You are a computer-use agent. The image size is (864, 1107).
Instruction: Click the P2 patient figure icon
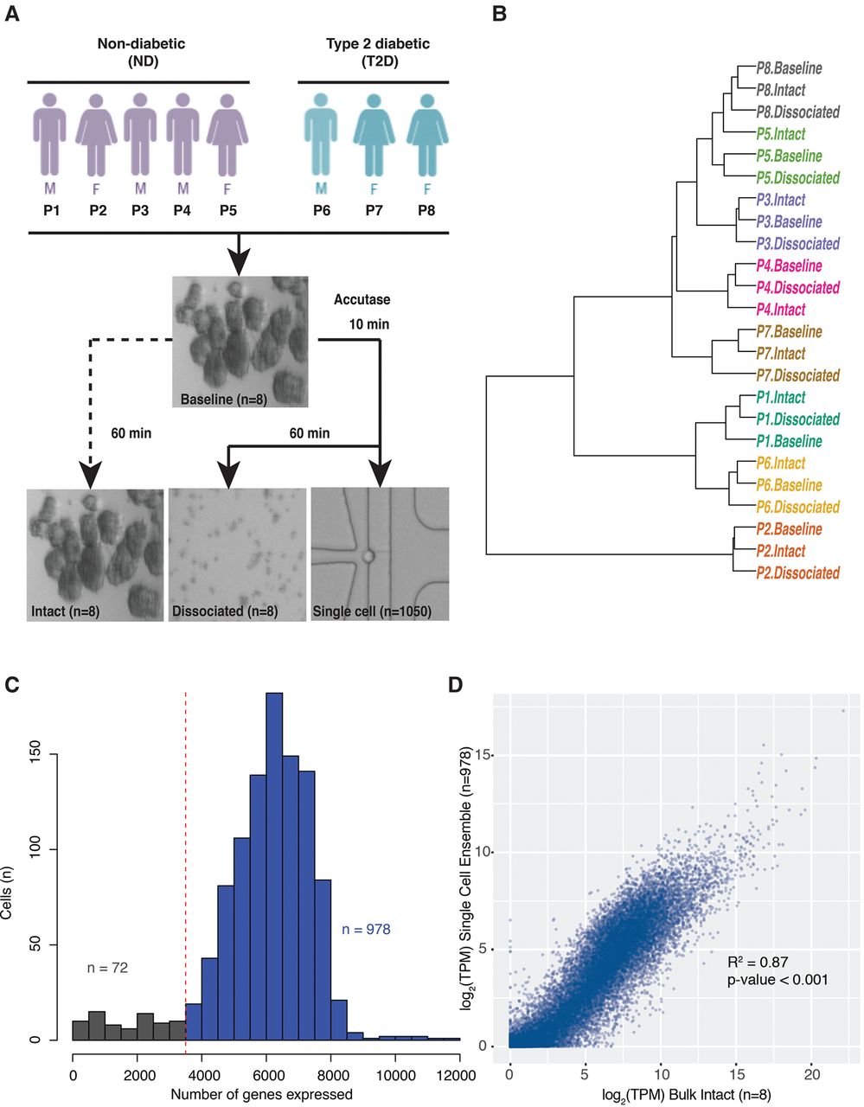click(96, 135)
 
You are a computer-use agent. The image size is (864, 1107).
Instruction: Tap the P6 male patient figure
click(321, 135)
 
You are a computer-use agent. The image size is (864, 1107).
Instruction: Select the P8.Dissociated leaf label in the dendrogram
click(797, 112)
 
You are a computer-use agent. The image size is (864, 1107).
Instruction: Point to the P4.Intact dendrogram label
click(780, 310)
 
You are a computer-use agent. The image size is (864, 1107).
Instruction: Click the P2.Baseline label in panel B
click(789, 528)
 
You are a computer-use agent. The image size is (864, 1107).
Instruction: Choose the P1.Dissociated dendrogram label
click(797, 419)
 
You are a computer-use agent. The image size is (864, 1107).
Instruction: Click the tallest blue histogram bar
click(274, 867)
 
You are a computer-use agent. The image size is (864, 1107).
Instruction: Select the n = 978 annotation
click(366, 929)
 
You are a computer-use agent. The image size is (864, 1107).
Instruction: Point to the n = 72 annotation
click(107, 968)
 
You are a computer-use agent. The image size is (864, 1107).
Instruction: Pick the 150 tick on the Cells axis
click(35, 754)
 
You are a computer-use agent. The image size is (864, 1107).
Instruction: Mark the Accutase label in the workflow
click(362, 299)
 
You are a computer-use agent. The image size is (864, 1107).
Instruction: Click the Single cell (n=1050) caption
click(372, 611)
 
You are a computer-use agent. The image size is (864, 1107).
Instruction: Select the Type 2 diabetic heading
click(378, 44)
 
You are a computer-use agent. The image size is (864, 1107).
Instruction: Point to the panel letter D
click(455, 685)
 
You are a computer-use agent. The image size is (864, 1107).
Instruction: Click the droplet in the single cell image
click(368, 555)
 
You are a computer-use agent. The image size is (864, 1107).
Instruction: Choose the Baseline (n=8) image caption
click(224, 399)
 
